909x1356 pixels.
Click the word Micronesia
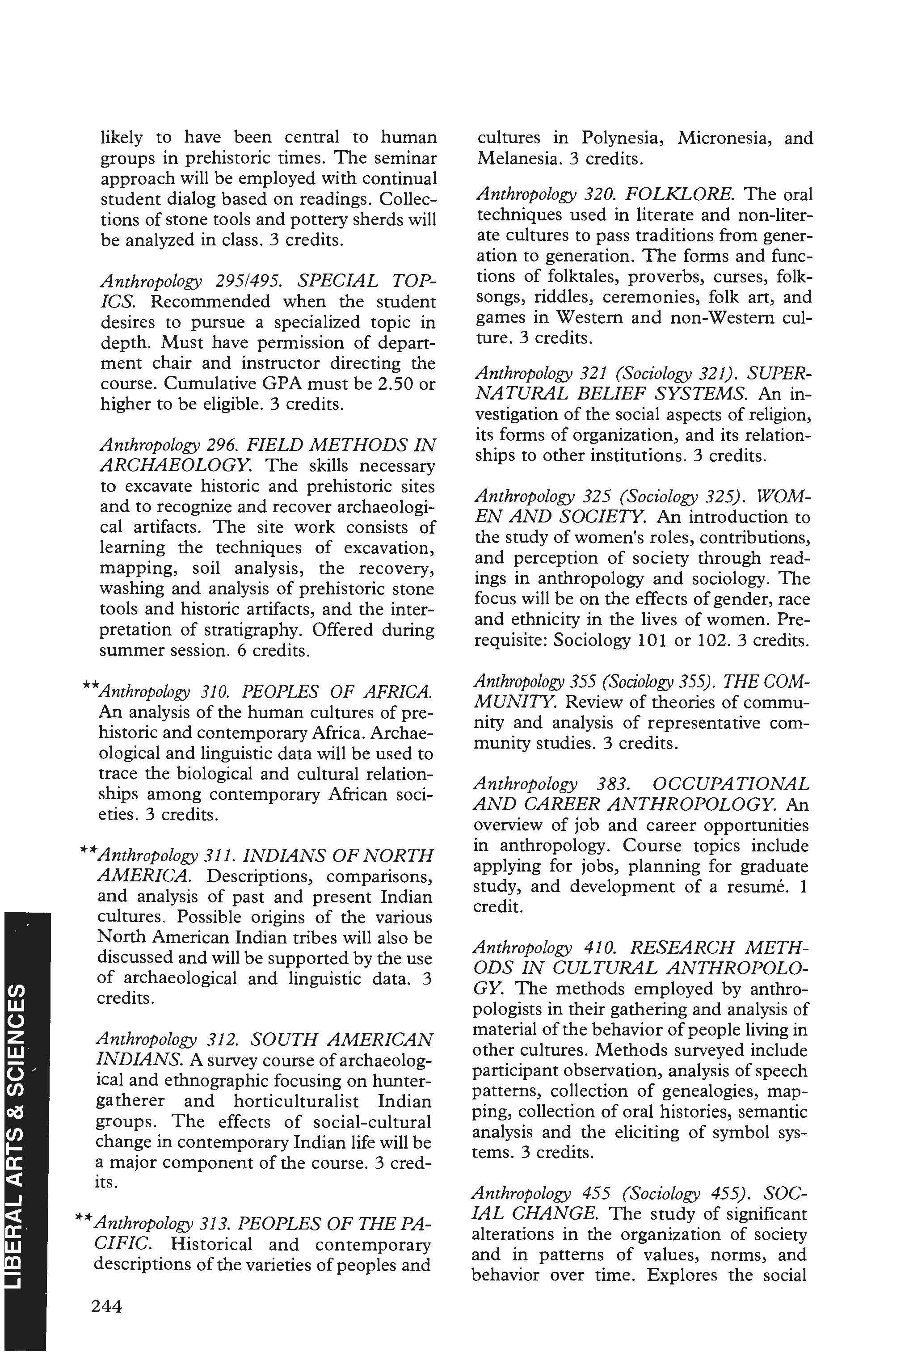point(720,138)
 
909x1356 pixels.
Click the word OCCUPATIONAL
point(730,784)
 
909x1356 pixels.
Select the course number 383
point(613,784)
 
